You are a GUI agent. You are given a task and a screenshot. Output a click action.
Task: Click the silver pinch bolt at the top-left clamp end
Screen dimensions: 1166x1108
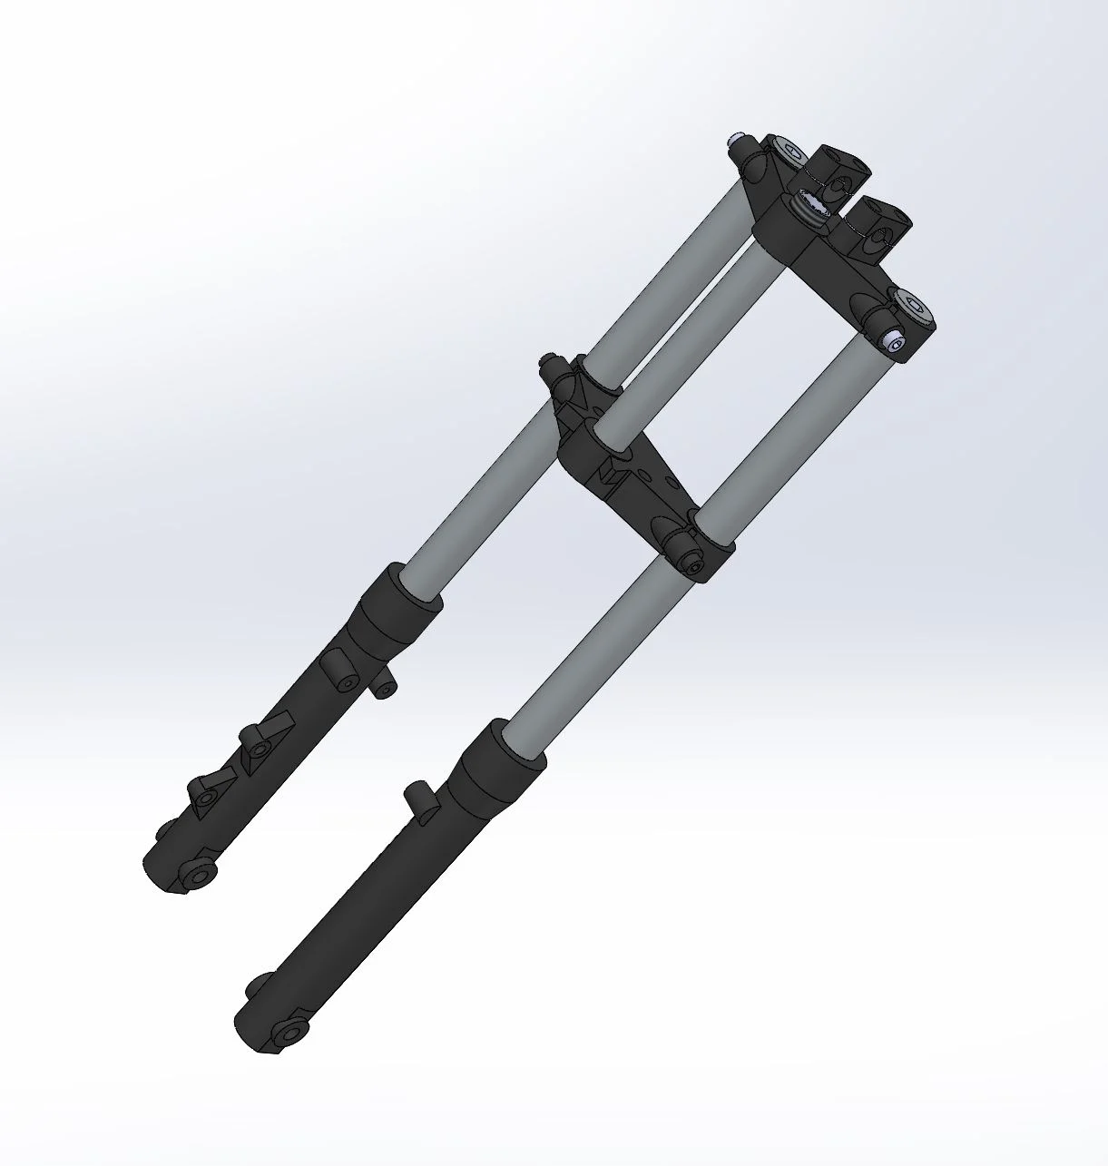(x=736, y=142)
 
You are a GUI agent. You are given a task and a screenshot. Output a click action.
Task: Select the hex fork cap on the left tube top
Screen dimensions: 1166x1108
(x=792, y=152)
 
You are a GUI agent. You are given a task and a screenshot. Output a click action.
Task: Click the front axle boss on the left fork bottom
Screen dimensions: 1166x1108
(x=195, y=875)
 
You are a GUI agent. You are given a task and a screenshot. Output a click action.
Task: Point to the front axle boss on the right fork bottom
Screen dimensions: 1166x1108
(x=289, y=1033)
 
